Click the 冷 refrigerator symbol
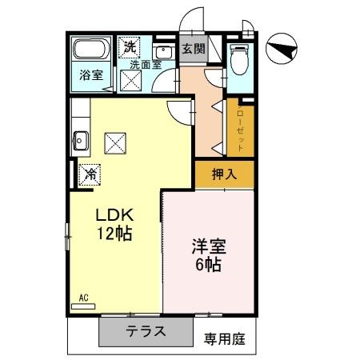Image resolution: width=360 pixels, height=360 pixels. (x=91, y=172)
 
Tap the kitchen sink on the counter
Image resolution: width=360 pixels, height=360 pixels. (x=79, y=142)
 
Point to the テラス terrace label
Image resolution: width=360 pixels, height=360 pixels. (x=145, y=332)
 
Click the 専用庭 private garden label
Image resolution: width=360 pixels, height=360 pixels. (x=223, y=338)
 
